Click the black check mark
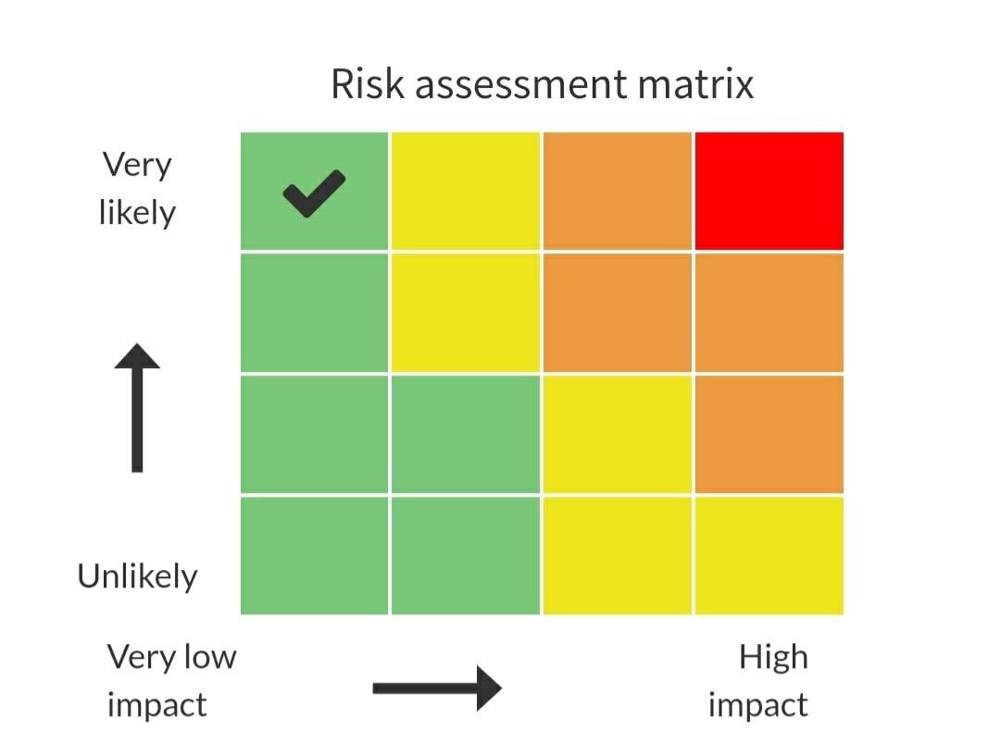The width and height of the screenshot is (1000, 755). pos(314,193)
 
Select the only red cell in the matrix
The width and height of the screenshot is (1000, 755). pos(769,192)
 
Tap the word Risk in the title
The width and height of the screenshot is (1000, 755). pos(368,83)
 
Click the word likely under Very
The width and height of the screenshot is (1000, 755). pos(137,213)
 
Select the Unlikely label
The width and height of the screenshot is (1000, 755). pos(137,576)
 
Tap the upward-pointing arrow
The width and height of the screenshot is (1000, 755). pos(137,408)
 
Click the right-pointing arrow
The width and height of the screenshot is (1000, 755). pos(437,688)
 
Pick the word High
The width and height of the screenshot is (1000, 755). pos(773,657)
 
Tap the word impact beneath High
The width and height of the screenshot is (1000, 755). pos(758,706)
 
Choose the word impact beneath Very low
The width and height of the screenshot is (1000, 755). pos(156,706)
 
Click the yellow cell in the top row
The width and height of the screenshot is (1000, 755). pos(466,192)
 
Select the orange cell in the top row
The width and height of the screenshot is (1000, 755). pos(618,192)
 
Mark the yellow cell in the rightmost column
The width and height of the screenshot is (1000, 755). pos(769,555)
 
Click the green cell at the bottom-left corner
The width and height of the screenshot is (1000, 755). pos(315,555)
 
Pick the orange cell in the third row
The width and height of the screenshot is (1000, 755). pos(769,435)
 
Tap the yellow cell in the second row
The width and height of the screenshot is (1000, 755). pos(466,313)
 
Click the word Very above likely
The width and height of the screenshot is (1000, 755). pos(137,165)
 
